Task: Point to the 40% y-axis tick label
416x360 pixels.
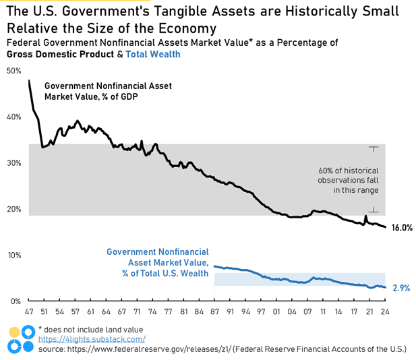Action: click(x=13, y=117)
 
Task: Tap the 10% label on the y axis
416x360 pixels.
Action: click(x=13, y=255)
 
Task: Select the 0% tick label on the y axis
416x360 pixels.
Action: click(x=15, y=301)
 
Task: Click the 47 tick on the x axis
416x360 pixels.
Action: click(x=29, y=312)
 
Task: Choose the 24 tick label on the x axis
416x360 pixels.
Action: click(x=384, y=312)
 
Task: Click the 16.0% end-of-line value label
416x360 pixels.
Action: click(x=401, y=228)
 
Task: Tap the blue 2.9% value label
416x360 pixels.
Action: click(x=401, y=288)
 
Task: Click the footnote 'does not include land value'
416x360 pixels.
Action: click(x=93, y=329)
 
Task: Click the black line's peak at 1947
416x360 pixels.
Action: click(x=29, y=81)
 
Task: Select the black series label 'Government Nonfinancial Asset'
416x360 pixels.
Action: click(x=108, y=86)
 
